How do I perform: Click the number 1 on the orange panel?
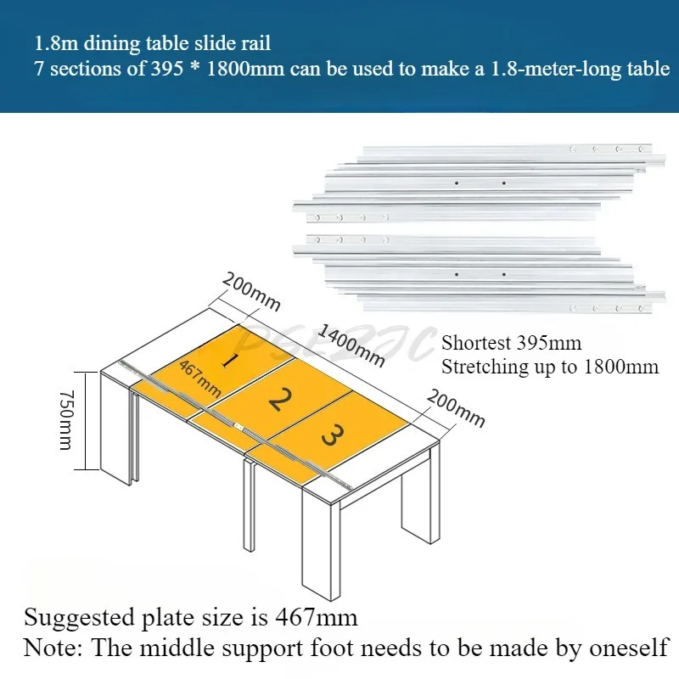pyautogui.click(x=227, y=359)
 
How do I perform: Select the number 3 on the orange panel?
pyautogui.click(x=333, y=437)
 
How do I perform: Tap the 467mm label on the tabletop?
pyautogui.click(x=200, y=379)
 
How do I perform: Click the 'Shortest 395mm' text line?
pyautogui.click(x=511, y=344)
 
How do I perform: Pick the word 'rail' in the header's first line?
pyautogui.click(x=255, y=42)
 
